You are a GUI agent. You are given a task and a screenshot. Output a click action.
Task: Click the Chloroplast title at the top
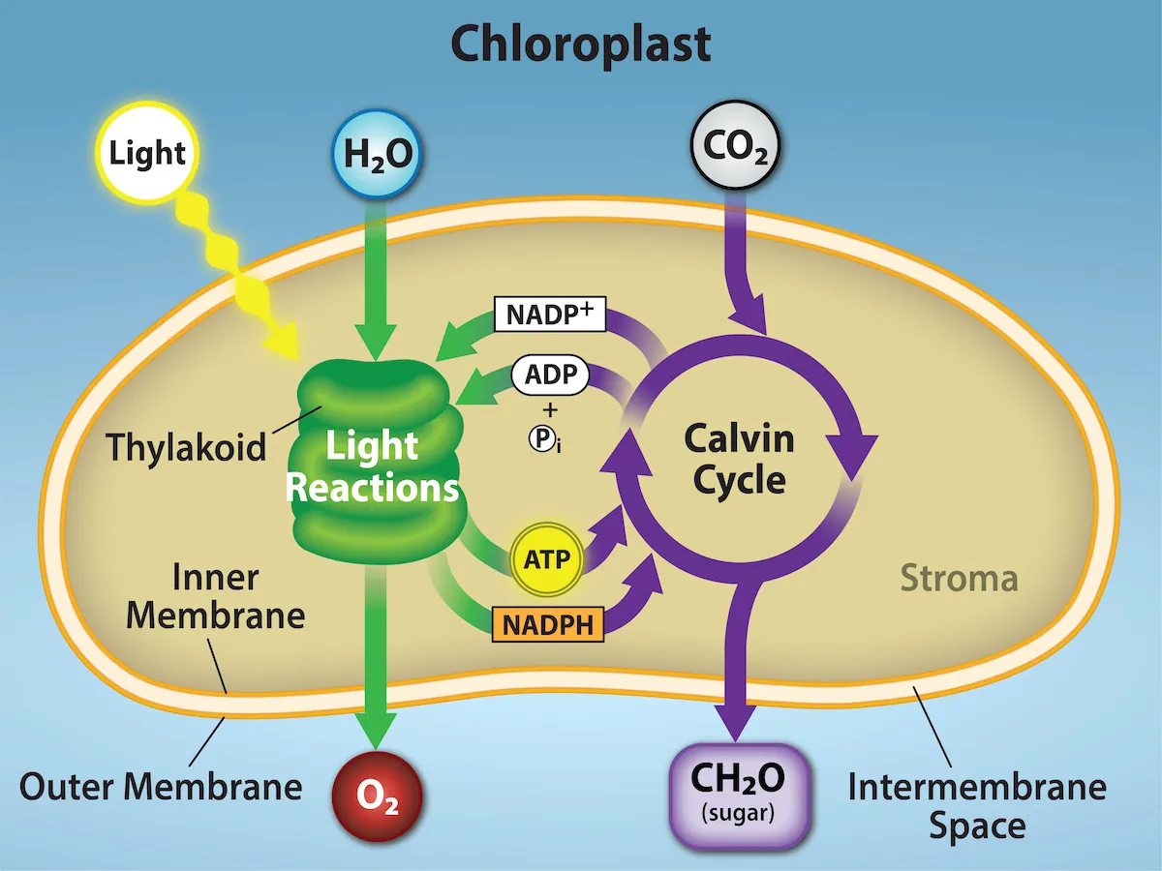point(581,44)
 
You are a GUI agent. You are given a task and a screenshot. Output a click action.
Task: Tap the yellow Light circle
point(147,154)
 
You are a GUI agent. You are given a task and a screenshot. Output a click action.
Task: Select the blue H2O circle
point(376,154)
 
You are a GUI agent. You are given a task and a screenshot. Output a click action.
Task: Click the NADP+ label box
point(549,315)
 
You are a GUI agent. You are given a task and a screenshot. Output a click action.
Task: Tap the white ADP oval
point(549,374)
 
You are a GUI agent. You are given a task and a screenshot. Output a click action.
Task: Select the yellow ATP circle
point(547,559)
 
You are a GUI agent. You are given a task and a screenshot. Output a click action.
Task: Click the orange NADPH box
point(548,622)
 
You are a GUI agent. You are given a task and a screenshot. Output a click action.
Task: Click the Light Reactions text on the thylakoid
point(373,466)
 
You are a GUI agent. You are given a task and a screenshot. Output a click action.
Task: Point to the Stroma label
point(959,579)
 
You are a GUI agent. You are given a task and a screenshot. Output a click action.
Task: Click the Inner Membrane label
point(215,597)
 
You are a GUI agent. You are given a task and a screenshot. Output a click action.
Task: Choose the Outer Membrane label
point(161,786)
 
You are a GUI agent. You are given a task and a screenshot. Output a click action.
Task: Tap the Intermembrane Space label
point(976,805)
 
